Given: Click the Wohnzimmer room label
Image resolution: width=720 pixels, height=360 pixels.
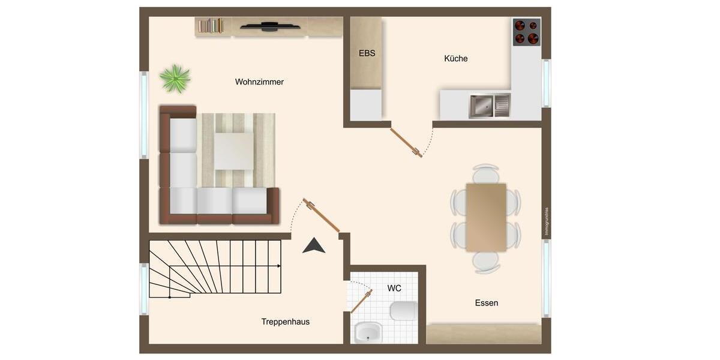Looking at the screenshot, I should [x=259, y=82].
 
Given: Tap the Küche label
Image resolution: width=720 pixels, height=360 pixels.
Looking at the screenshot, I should [x=456, y=59].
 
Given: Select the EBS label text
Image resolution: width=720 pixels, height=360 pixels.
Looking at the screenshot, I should [x=367, y=53].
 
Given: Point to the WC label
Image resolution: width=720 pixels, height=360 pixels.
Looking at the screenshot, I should [x=394, y=289].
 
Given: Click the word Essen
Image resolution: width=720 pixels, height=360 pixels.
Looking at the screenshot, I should [x=487, y=303].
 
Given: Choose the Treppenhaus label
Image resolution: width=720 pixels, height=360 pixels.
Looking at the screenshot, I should [x=286, y=322].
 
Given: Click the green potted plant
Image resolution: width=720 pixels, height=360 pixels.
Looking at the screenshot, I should [x=175, y=79].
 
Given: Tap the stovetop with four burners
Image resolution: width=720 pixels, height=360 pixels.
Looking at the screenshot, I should [x=527, y=32].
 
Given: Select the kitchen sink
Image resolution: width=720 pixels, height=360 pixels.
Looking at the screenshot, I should [x=489, y=106].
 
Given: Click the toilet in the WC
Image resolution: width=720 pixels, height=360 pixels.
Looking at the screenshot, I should [x=403, y=311].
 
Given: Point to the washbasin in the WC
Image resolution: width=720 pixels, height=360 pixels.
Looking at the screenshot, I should [x=367, y=332].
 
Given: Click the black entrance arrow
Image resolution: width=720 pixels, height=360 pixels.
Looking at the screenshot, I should [x=313, y=245].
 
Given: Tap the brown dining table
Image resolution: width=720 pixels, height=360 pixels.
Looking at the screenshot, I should [x=486, y=217].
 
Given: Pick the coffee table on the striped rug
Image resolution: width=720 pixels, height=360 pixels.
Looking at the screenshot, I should [x=233, y=151].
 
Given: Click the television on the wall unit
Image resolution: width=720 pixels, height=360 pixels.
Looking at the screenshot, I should [x=270, y=26].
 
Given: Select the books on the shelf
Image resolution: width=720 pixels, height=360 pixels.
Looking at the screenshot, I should [x=211, y=26].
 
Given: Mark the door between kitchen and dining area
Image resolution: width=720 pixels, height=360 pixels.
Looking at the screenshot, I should [x=406, y=143].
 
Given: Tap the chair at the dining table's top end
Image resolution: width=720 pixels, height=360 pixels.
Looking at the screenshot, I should [x=486, y=173].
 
